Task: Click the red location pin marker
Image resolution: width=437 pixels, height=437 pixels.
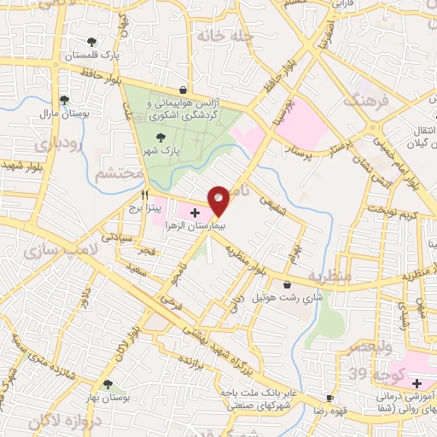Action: click(219, 200)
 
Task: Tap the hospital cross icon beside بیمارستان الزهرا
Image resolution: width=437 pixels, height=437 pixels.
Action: click(195, 213)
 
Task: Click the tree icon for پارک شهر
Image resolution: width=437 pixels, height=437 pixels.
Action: click(159, 137)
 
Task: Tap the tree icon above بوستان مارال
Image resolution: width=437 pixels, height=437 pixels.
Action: click(64, 100)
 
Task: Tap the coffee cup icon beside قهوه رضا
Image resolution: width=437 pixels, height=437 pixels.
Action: click(329, 399)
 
